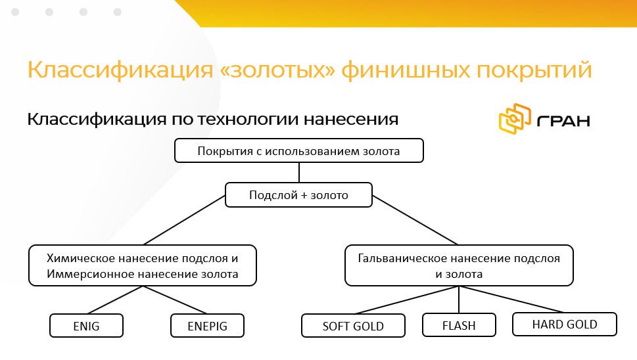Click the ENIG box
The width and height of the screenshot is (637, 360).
[x=86, y=325]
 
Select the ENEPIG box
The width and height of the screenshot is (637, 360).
[x=207, y=325]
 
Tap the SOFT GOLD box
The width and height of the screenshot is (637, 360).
[x=353, y=325]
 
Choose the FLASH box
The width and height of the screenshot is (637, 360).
[x=459, y=325]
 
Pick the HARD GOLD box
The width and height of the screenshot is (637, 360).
[x=565, y=325]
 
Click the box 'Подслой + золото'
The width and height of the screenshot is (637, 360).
[x=298, y=195]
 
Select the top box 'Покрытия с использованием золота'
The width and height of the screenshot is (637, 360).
[x=299, y=150]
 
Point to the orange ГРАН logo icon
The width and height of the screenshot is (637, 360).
[x=515, y=119]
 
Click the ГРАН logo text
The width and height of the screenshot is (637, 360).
[x=564, y=121]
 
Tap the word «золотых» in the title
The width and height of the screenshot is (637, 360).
[x=277, y=70]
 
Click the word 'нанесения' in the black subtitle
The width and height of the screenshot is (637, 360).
[x=351, y=120]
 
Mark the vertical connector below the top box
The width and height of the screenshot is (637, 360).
[x=299, y=173]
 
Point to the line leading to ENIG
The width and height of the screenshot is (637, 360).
[x=115, y=300]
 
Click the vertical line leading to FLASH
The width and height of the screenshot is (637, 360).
[x=459, y=300]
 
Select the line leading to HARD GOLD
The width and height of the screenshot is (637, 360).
[x=511, y=299]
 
